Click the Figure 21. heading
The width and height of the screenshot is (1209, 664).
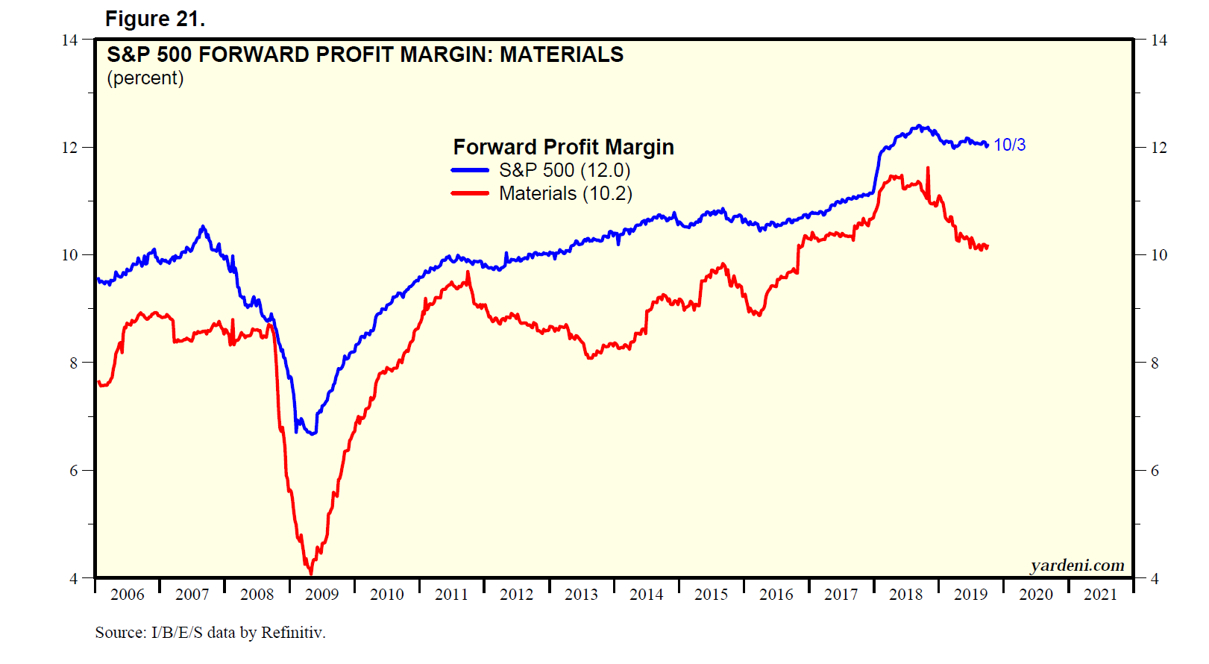pos(154,19)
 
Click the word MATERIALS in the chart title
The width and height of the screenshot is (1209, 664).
pos(561,54)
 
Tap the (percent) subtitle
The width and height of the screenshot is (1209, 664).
pos(145,78)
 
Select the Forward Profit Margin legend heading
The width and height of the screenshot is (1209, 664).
pos(563,147)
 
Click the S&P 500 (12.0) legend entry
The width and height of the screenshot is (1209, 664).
pos(564,170)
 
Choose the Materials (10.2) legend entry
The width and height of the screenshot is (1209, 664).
pos(565,193)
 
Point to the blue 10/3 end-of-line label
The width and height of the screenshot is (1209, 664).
pos(1009,145)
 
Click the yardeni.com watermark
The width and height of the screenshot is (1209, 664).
pos(1077,565)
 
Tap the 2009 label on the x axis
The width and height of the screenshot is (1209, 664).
pos(321,595)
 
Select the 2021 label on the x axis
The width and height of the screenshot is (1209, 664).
pos(1100,595)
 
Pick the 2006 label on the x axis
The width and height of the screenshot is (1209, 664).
pos(127,595)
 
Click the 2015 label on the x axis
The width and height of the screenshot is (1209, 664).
pos(711,595)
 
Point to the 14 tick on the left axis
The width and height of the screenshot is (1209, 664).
pos(69,40)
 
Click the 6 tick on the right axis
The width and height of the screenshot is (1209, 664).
pos(1155,471)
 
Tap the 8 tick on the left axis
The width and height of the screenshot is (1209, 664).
pos(74,363)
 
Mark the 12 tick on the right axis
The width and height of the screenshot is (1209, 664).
pos(1158,148)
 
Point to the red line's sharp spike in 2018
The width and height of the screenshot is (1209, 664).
pos(928,169)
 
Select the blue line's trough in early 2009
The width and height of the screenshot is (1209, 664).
pos(313,433)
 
